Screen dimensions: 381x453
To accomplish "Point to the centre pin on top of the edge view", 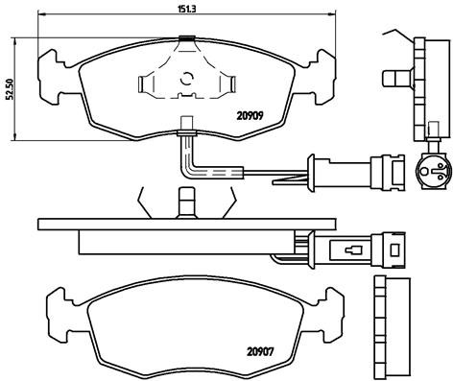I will coord(187,202).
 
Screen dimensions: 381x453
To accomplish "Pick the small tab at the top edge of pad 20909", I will coord(187,38).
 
